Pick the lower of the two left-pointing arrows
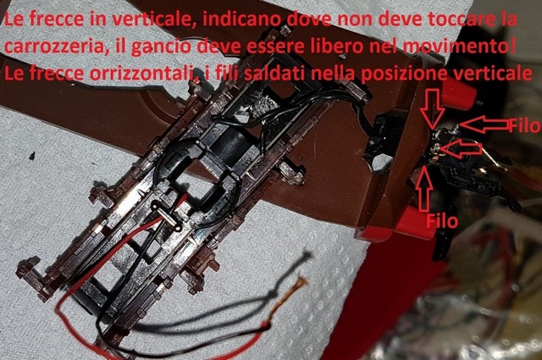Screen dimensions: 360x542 click(x=461, y=149)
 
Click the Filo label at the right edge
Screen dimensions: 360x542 click(x=523, y=124)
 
